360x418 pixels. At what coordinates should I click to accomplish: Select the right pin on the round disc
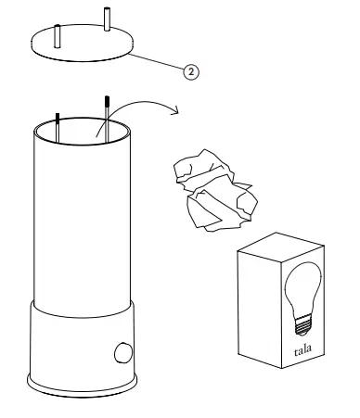click(x=108, y=19)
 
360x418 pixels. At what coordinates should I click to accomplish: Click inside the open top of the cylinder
click(x=84, y=130)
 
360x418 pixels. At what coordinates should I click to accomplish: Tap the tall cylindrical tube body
click(x=84, y=222)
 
